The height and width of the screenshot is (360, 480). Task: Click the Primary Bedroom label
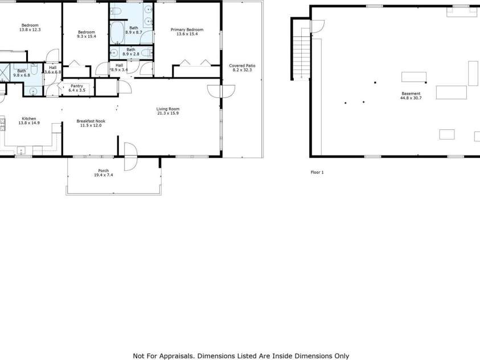pyautogui.click(x=187, y=30)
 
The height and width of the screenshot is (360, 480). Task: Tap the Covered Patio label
pyautogui.click(x=242, y=66)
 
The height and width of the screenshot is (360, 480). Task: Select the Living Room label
pyautogui.click(x=168, y=109)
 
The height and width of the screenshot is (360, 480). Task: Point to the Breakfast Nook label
pyautogui.click(x=91, y=121)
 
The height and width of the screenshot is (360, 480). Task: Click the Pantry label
pyautogui.click(x=77, y=86)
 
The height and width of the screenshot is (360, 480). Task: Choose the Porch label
pyautogui.click(x=104, y=170)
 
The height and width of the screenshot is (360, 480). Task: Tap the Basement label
pyautogui.click(x=411, y=93)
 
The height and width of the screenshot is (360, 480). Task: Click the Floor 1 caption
pyautogui.click(x=317, y=173)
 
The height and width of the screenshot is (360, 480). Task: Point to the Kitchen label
pyautogui.click(x=29, y=118)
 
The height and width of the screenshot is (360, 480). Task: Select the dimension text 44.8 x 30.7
pyautogui.click(x=411, y=98)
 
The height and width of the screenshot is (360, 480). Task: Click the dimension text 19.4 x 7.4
pyautogui.click(x=104, y=175)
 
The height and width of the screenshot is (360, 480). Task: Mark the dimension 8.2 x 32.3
pyautogui.click(x=242, y=70)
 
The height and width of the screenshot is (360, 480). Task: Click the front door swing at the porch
pyautogui.click(x=131, y=157)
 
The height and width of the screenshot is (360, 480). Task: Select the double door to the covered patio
pyautogui.click(x=221, y=91)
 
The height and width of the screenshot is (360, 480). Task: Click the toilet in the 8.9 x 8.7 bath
pyautogui.click(x=116, y=11)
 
